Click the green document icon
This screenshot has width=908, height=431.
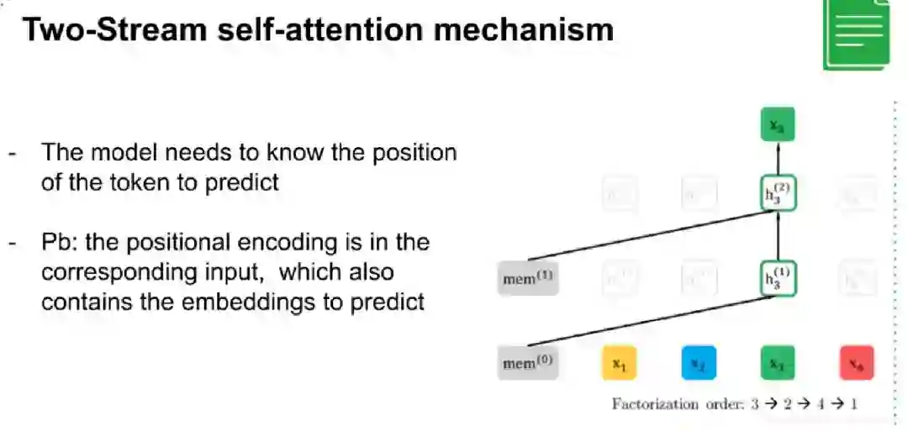pyautogui.click(x=857, y=34)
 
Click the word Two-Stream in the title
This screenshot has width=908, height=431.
pyautogui.click(x=113, y=29)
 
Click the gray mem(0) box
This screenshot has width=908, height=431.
pyautogui.click(x=528, y=363)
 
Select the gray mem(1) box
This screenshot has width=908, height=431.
pyautogui.click(x=528, y=279)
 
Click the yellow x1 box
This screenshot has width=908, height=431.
pyautogui.click(x=619, y=363)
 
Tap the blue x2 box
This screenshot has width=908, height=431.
pyautogui.click(x=698, y=363)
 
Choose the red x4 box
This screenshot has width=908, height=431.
pyautogui.click(x=857, y=363)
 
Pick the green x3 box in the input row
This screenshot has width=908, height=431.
pyautogui.click(x=778, y=363)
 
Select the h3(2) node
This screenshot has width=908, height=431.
pyautogui.click(x=778, y=195)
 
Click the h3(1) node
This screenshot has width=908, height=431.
pyautogui.click(x=778, y=279)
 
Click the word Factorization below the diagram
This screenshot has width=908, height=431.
pyautogui.click(x=655, y=404)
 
